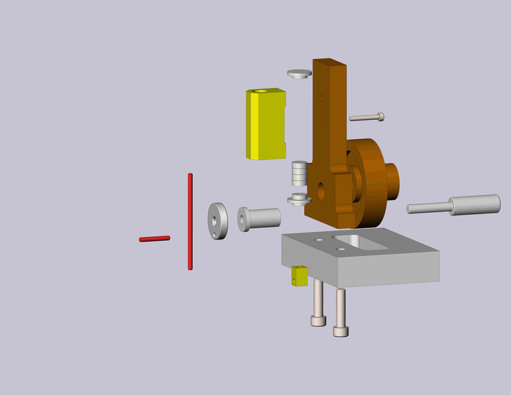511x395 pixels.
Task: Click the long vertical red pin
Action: (190, 222)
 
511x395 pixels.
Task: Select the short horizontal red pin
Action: (154, 238)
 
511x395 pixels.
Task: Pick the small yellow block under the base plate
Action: (299, 276)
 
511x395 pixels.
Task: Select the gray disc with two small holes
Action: (217, 221)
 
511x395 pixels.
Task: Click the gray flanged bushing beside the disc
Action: (259, 218)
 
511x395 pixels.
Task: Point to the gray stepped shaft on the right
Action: (457, 205)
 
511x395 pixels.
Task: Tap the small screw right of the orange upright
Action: (367, 117)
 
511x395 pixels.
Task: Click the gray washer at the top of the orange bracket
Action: (299, 73)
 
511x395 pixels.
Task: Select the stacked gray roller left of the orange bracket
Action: (299, 173)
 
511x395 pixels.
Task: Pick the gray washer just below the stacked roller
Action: (299, 199)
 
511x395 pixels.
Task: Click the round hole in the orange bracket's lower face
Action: (320, 190)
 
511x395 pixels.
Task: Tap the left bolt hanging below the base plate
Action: (318, 302)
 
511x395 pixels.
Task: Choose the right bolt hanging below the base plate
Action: (340, 312)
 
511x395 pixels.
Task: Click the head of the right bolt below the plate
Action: (341, 331)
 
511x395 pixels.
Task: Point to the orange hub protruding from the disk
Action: (393, 183)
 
